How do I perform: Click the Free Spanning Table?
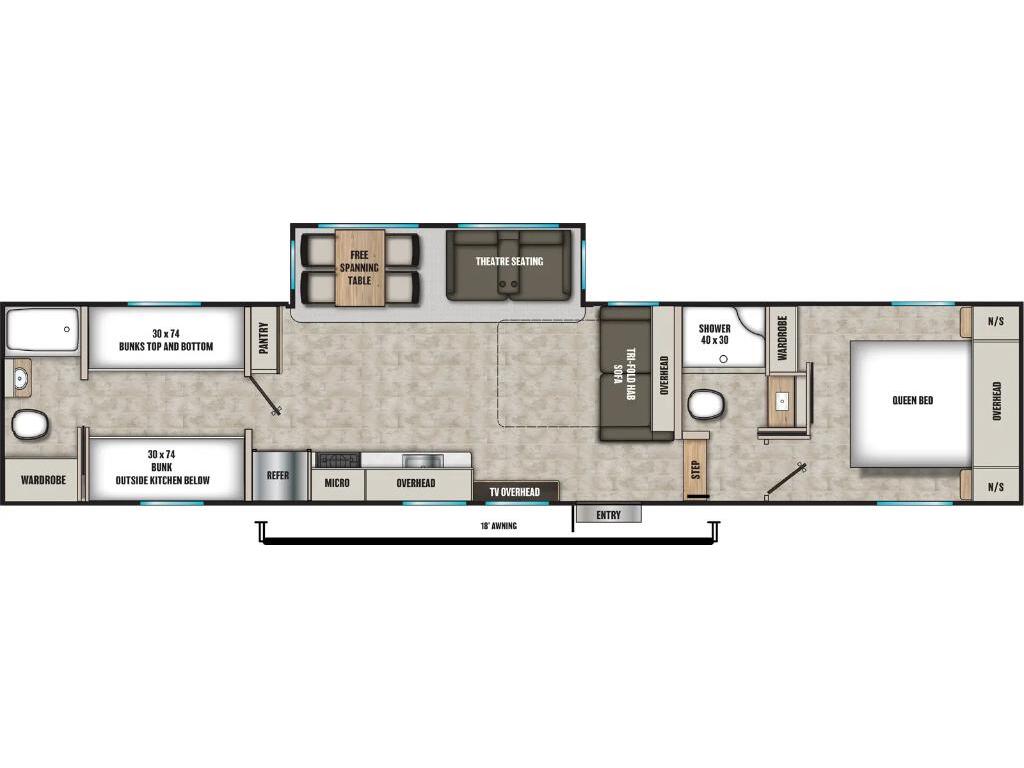tap(360, 268)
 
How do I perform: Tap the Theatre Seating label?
tap(509, 262)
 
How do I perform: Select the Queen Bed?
tap(912, 401)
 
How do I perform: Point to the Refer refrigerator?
tap(277, 475)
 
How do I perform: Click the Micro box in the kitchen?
tap(337, 484)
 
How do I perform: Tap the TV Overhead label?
tap(514, 492)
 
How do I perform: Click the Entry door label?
tap(608, 515)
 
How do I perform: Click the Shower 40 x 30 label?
tap(714, 334)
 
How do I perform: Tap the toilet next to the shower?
tap(707, 405)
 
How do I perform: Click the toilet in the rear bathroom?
tap(30, 424)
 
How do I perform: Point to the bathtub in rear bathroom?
tap(42, 331)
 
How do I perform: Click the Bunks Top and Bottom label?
tap(168, 340)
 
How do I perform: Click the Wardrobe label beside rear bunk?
tap(42, 480)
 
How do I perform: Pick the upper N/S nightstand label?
tap(996, 322)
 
